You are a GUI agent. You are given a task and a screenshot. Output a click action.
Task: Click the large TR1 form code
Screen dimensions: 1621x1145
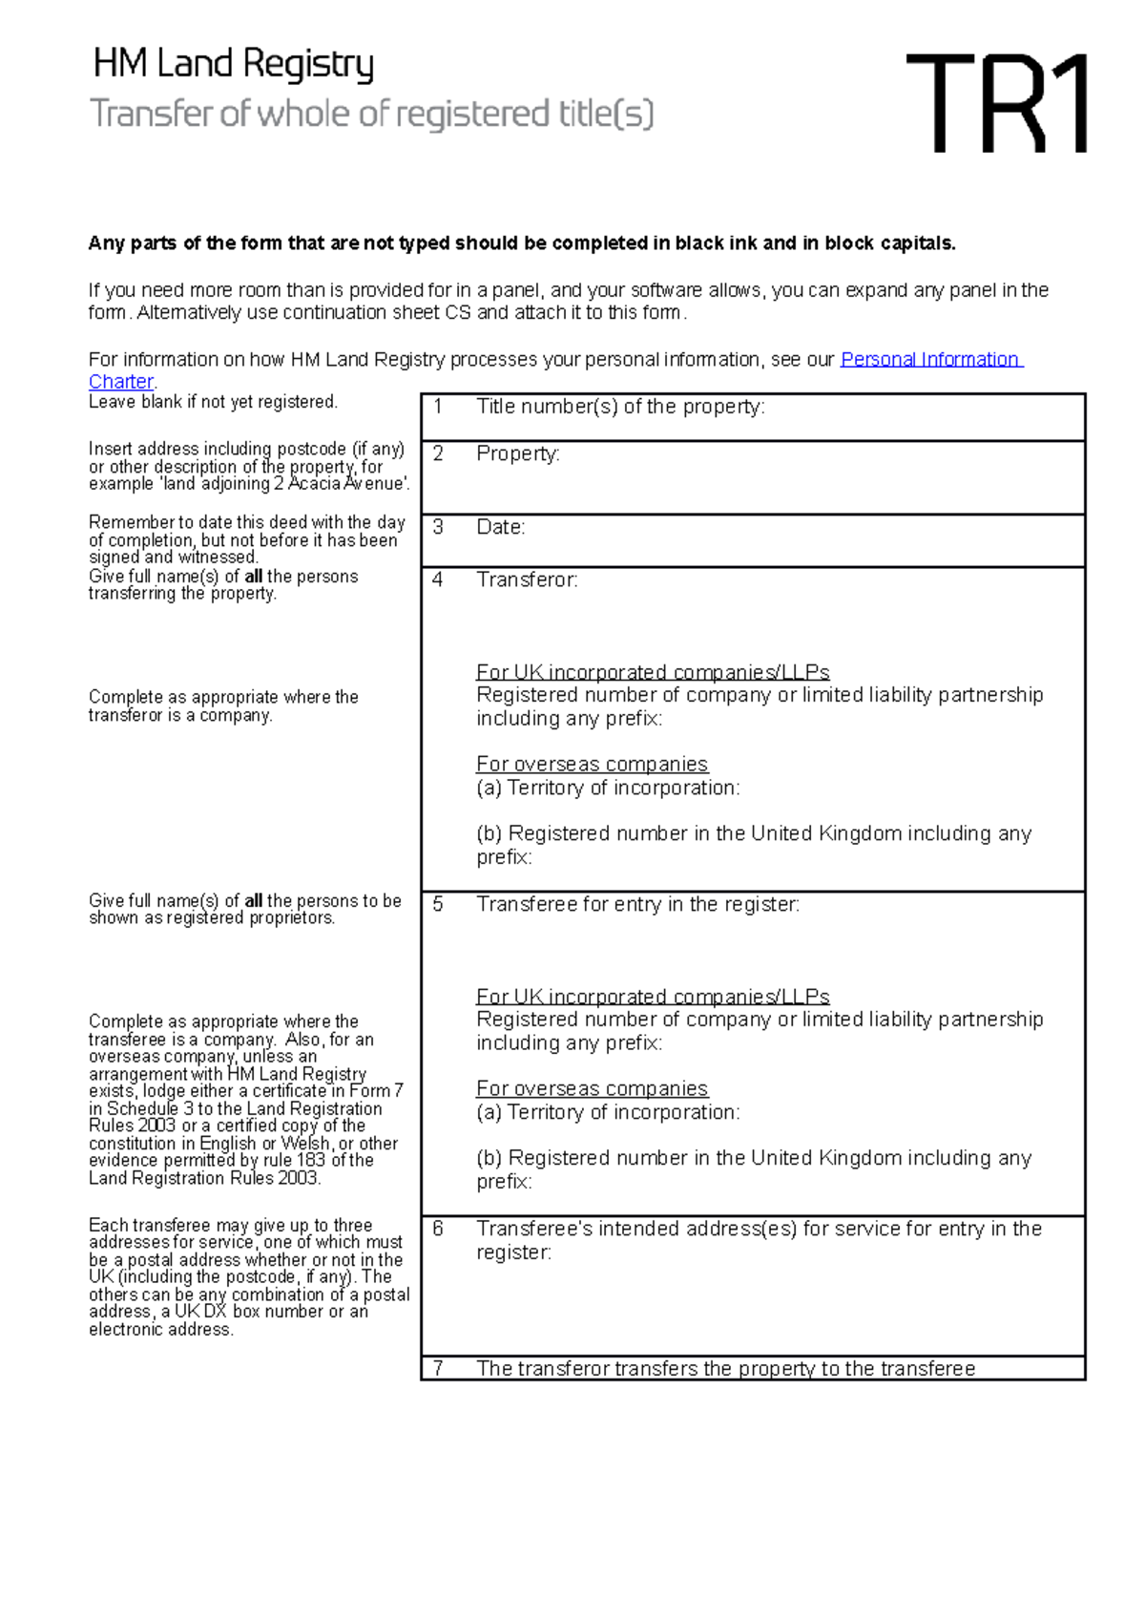coord(996,104)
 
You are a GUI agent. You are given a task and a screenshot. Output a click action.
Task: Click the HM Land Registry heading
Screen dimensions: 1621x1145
coord(233,65)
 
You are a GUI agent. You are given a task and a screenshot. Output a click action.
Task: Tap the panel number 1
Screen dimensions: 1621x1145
coord(438,407)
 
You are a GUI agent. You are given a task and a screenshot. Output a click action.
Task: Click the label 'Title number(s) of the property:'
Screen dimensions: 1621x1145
coord(620,407)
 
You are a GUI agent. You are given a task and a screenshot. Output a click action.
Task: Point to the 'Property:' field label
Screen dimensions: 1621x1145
coord(517,453)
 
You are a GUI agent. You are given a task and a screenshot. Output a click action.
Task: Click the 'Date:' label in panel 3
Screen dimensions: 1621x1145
coord(501,527)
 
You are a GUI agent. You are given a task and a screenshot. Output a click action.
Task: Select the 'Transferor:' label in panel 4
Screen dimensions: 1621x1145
coord(527,579)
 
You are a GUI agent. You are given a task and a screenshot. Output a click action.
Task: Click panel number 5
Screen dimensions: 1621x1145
coord(438,904)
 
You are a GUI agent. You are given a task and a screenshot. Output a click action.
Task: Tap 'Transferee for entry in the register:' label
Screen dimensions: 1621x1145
coord(637,904)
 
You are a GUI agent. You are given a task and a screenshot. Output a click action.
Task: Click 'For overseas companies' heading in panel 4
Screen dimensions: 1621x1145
coord(592,765)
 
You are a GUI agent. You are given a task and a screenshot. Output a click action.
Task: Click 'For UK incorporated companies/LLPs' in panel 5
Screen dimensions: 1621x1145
coord(653,997)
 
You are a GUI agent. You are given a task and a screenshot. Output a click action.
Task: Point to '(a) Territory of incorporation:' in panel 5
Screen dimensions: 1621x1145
coord(608,1112)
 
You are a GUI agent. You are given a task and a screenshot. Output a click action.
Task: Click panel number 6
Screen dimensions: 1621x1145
coord(438,1229)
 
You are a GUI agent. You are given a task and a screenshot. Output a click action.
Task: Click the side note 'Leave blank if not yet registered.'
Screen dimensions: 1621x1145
coord(213,402)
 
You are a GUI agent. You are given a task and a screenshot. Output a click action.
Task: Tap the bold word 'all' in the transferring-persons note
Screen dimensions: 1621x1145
coord(253,577)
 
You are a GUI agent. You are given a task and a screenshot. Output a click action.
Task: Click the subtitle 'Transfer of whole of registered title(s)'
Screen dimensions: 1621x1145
coord(371,115)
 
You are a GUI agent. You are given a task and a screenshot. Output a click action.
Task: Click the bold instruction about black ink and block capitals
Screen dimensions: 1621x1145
coord(521,243)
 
